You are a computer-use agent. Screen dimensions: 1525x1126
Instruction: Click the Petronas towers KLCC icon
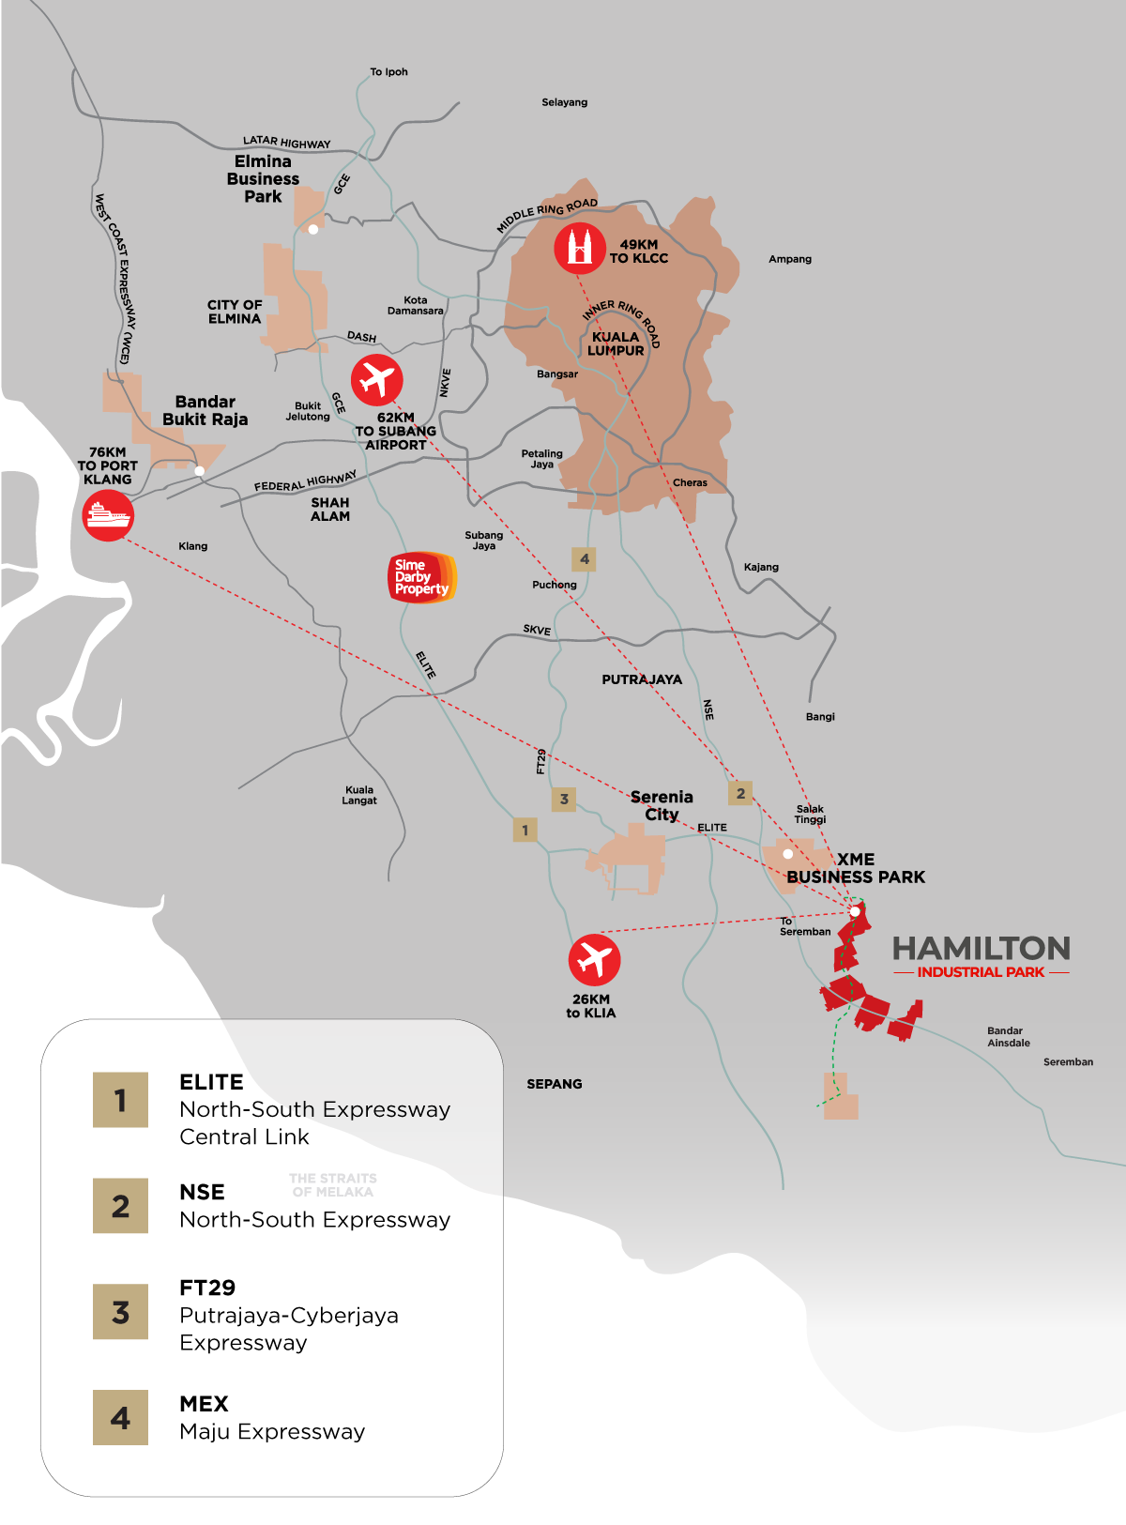point(579,248)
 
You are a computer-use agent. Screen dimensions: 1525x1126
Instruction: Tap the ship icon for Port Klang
point(108,515)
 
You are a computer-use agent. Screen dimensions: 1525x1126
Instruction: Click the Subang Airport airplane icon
point(376,380)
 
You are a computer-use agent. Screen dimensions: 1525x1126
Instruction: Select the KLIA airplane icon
point(594,959)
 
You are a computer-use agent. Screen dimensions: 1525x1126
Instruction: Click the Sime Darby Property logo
point(421,577)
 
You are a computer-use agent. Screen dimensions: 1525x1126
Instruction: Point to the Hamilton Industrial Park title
point(981,950)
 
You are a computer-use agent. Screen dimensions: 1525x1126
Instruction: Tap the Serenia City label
point(662,805)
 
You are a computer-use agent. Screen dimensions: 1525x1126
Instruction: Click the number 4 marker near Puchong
point(585,559)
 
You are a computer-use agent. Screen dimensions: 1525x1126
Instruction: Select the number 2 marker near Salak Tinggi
point(740,793)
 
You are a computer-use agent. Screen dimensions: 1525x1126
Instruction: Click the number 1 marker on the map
point(525,830)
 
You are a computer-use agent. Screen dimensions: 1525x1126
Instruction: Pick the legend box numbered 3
point(120,1312)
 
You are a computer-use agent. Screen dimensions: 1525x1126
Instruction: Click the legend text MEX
point(204,1404)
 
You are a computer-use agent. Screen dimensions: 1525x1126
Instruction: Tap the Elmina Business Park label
point(263,179)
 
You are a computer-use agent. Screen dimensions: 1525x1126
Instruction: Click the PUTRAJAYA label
point(642,679)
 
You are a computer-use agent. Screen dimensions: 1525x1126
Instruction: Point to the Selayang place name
point(564,102)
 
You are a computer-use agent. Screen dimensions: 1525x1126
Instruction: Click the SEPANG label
point(554,1084)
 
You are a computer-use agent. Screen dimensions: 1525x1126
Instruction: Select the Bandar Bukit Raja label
point(205,410)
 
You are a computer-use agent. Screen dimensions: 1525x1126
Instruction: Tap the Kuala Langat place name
point(359,795)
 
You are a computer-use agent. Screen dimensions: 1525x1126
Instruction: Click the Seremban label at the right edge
point(1068,1062)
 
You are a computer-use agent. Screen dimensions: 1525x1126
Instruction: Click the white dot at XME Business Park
point(787,854)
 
